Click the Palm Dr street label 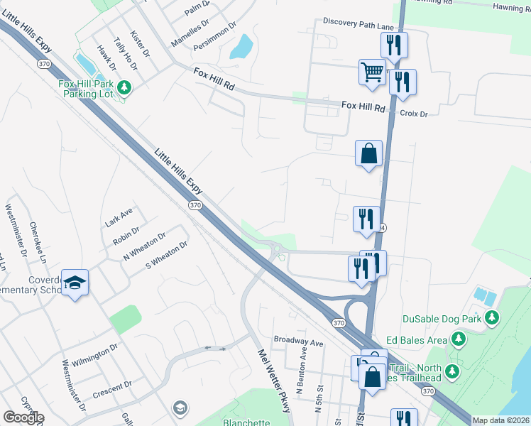(x=198, y=8)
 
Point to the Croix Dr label (x=414, y=114)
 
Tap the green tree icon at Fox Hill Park (x=125, y=87)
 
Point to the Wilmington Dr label (x=94, y=353)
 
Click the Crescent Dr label (x=113, y=388)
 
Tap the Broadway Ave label (x=298, y=342)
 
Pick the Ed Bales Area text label (x=415, y=340)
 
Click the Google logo (x=23, y=417)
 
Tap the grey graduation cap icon (x=180, y=408)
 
